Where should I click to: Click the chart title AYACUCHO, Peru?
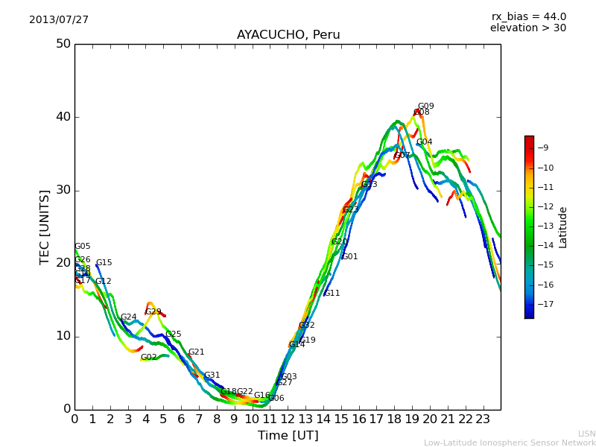tap(288, 35)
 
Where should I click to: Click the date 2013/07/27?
tap(59, 20)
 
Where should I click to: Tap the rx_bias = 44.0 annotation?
tap(528, 17)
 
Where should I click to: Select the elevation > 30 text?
tap(528, 28)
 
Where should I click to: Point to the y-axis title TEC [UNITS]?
tap(45, 227)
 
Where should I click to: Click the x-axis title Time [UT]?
tap(288, 436)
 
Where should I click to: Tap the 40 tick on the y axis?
tap(63, 117)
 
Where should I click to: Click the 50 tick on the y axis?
tap(63, 44)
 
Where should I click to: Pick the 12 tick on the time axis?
tap(288, 419)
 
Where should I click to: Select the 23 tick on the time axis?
tap(483, 419)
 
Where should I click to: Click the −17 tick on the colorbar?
tap(545, 304)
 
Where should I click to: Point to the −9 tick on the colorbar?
tap(545, 148)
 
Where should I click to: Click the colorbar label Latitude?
tap(563, 227)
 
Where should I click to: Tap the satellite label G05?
tap(82, 247)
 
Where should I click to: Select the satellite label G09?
tap(425, 107)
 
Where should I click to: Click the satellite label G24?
tap(129, 317)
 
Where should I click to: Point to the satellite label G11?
tap(332, 294)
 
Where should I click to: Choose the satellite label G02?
tap(148, 358)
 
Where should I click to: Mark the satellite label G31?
tap(212, 375)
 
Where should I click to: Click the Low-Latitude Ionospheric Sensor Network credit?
tap(510, 443)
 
